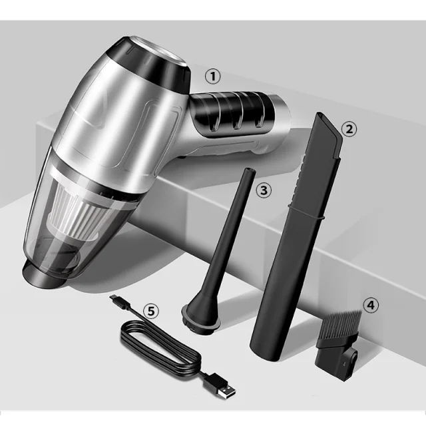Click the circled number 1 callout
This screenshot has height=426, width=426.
point(213,77)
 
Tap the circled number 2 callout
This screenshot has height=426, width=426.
point(349,128)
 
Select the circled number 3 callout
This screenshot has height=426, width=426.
point(264,190)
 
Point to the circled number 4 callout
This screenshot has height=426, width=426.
point(371,305)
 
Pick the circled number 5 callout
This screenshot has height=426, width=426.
point(151,311)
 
